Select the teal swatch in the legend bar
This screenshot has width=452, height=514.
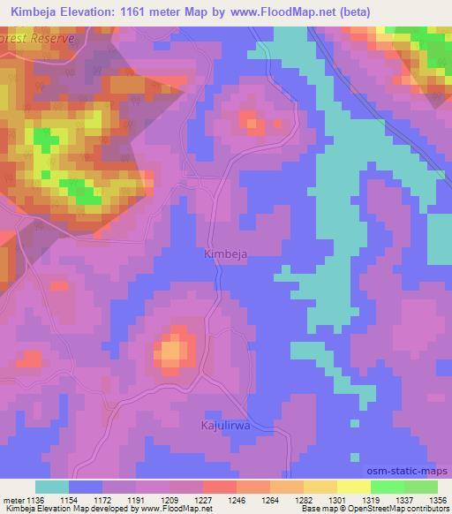click(x=53, y=487)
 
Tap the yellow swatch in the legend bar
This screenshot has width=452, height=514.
click(x=353, y=487)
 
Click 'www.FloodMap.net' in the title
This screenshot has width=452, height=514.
click(x=274, y=11)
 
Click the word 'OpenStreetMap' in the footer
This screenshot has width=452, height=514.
click(x=374, y=509)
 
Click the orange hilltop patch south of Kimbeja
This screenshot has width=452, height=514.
click(x=172, y=351)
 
